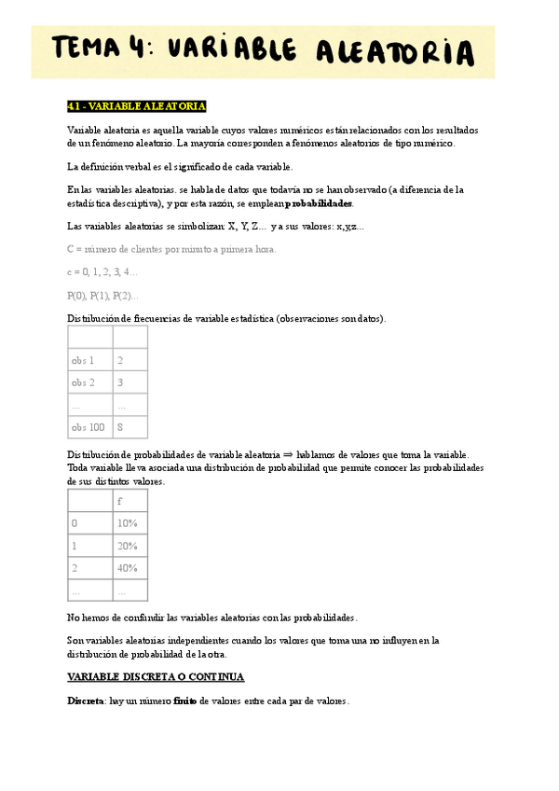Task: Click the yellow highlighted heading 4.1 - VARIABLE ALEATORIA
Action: [137, 106]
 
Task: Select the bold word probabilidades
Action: [319, 203]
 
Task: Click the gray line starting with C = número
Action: [171, 249]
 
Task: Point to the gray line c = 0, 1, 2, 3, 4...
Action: [102, 272]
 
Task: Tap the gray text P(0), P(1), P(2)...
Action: [102, 296]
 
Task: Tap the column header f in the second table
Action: [120, 501]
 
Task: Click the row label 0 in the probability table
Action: [75, 523]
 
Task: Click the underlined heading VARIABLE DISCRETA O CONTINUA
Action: [156, 677]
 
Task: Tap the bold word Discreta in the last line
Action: [85, 701]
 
